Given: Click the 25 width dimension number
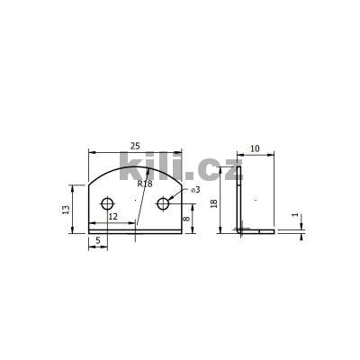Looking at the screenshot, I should (x=136, y=145).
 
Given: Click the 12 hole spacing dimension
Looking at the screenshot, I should (x=112, y=218).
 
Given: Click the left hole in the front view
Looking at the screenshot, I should (x=108, y=204).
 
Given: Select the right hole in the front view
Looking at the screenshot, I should (x=163, y=204).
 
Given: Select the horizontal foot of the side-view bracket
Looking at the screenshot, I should (x=256, y=230).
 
